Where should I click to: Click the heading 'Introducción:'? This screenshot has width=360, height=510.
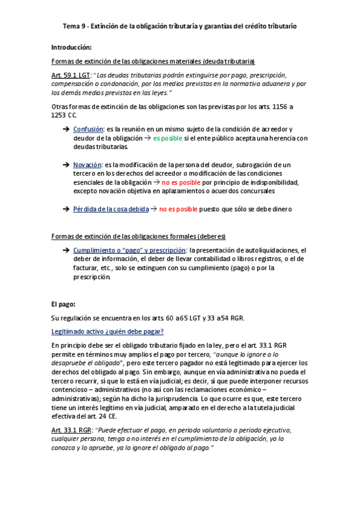72,47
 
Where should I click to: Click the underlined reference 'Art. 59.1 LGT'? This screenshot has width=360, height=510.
70,75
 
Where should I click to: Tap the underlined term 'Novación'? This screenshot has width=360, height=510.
87,164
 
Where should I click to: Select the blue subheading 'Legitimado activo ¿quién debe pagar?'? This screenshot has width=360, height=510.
108,331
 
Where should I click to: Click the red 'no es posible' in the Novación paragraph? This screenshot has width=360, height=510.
181,182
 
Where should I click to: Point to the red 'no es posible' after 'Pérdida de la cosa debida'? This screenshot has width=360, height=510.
177,209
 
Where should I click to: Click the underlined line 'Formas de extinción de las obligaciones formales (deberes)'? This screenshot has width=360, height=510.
139,236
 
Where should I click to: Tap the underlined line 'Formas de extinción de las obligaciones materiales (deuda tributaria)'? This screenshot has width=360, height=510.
153,61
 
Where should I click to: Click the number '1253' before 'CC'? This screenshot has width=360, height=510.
61,115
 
